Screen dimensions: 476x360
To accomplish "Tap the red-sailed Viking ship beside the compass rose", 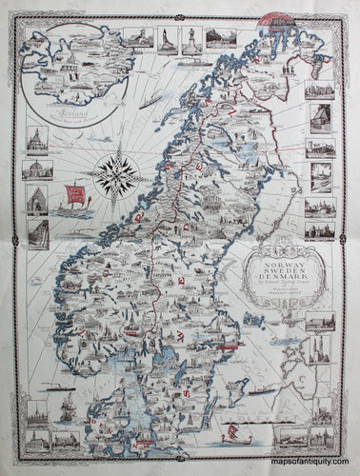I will click(x=71, y=198).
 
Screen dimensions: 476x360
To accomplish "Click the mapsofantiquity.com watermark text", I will click(x=314, y=464).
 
